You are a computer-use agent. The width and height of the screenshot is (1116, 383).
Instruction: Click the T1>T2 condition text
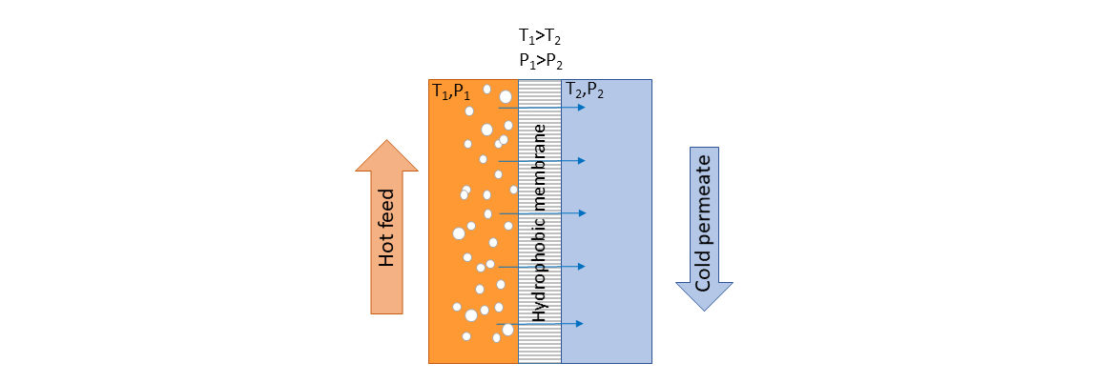pyautogui.click(x=542, y=38)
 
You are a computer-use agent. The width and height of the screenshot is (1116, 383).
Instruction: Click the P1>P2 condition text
pyautogui.click(x=542, y=61)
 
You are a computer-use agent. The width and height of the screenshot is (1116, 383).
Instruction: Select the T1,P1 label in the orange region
pyautogui.click(x=451, y=91)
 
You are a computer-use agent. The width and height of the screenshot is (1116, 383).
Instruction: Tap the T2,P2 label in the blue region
pyautogui.click(x=585, y=91)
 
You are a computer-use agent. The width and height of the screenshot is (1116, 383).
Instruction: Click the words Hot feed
pyautogui.click(x=386, y=228)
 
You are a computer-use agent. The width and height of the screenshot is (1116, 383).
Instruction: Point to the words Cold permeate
pyautogui.click(x=703, y=224)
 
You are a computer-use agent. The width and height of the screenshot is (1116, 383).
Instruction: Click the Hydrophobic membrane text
pyautogui.click(x=540, y=223)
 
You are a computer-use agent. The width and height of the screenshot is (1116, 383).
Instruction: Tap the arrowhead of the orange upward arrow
pyautogui.click(x=386, y=140)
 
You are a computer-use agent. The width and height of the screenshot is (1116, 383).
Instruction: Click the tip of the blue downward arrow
pyautogui.click(x=704, y=311)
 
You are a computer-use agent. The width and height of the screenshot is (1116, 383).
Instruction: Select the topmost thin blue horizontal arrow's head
pyautogui.click(x=582, y=108)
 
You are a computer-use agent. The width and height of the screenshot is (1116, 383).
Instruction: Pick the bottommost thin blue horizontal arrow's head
pyautogui.click(x=580, y=323)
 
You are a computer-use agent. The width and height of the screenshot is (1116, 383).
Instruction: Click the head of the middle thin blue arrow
pyautogui.click(x=582, y=213)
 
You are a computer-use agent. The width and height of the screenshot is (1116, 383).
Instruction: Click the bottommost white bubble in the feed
pyautogui.click(x=496, y=339)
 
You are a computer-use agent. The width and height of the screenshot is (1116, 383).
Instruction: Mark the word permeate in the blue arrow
pyautogui.click(x=703, y=204)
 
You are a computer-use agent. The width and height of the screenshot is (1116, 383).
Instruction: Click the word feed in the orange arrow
pyautogui.click(x=386, y=212)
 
